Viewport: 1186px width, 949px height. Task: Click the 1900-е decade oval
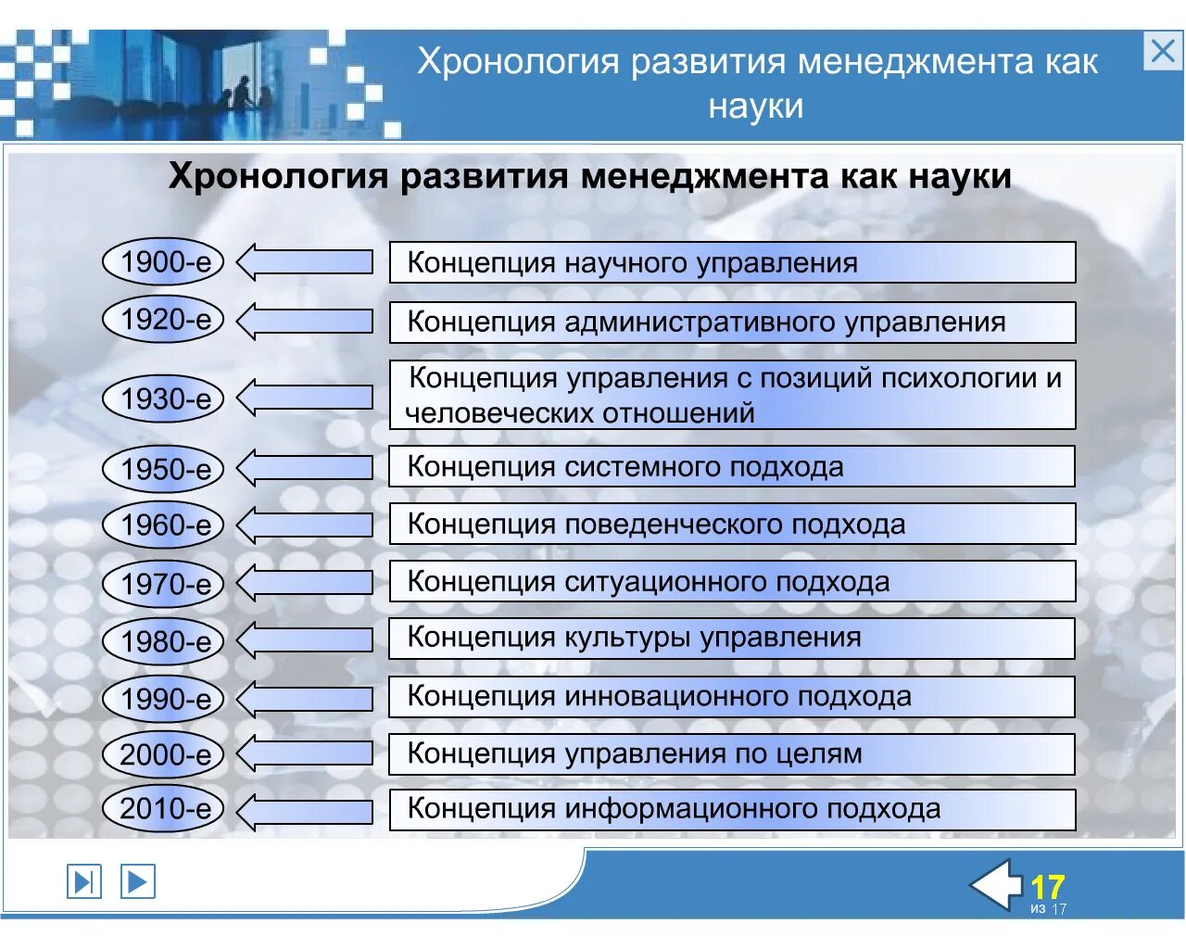pyautogui.click(x=163, y=262)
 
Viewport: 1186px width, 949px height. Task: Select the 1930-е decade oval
pyautogui.click(x=163, y=399)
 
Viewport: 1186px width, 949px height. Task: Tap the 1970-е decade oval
pyautogui.click(x=163, y=584)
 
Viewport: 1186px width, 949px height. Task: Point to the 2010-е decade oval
pyautogui.click(x=163, y=809)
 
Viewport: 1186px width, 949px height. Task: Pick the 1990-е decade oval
pyautogui.click(x=163, y=699)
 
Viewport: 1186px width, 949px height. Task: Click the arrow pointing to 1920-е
pyautogui.click(x=305, y=321)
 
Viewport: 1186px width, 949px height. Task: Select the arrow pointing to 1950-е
pyautogui.click(x=305, y=468)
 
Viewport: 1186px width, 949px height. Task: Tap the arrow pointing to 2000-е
pyautogui.click(x=305, y=754)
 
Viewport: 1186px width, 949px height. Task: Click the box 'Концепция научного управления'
pyautogui.click(x=732, y=262)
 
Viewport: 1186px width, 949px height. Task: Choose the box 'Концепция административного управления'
pyautogui.click(x=732, y=322)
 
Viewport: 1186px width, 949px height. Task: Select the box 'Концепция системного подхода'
pyautogui.click(x=732, y=466)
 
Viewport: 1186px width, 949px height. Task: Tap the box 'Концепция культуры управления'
pyautogui.click(x=732, y=639)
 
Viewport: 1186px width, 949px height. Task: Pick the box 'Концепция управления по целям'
pyautogui.click(x=732, y=754)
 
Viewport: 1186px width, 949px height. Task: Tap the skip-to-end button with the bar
pyautogui.click(x=83, y=880)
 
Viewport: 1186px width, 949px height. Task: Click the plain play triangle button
pyautogui.click(x=137, y=880)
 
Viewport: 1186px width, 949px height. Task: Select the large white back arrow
pyautogui.click(x=997, y=886)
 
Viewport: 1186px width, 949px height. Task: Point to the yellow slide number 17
pyautogui.click(x=1048, y=887)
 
